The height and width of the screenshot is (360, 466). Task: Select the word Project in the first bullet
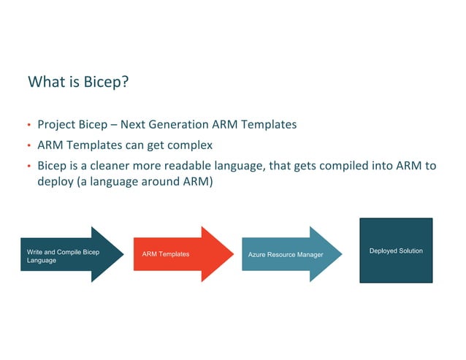(56, 125)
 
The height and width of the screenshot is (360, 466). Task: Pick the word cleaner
(109, 166)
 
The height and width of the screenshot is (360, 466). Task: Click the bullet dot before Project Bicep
(30, 125)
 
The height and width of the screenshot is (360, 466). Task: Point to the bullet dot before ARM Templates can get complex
(30, 145)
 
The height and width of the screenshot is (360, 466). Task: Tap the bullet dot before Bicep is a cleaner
(30, 166)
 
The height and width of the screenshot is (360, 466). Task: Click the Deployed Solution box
(395, 250)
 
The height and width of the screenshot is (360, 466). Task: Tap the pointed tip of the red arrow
(232, 254)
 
